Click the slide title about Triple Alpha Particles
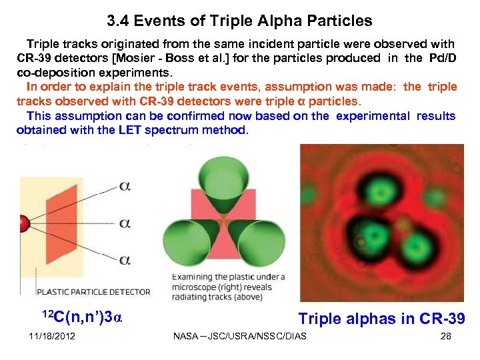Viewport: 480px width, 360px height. pos(239,21)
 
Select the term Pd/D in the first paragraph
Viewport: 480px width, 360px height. pos(441,58)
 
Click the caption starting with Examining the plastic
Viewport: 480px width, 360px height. pos(228,287)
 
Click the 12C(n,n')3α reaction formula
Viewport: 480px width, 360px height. pos(82,318)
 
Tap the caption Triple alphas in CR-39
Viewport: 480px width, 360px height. pos(381,319)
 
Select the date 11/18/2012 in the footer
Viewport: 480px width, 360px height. pos(52,336)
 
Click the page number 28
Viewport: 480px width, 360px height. pos(446,336)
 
